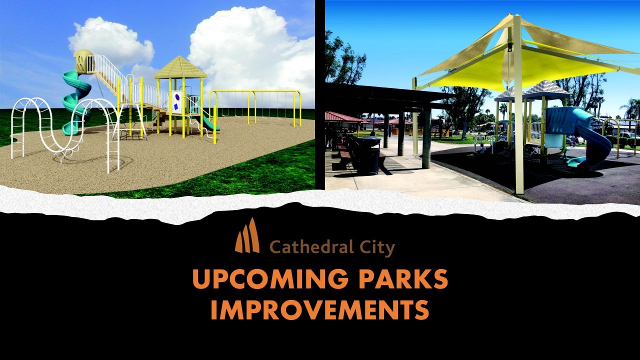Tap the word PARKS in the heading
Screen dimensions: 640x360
pos(403,278)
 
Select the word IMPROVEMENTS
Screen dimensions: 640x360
pos(320,309)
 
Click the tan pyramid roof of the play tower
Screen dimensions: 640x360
pos(180,67)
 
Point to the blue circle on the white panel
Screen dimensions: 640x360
pos(177,97)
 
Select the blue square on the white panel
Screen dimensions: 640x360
pos(176,107)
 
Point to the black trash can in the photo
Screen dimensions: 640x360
pos(368,155)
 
